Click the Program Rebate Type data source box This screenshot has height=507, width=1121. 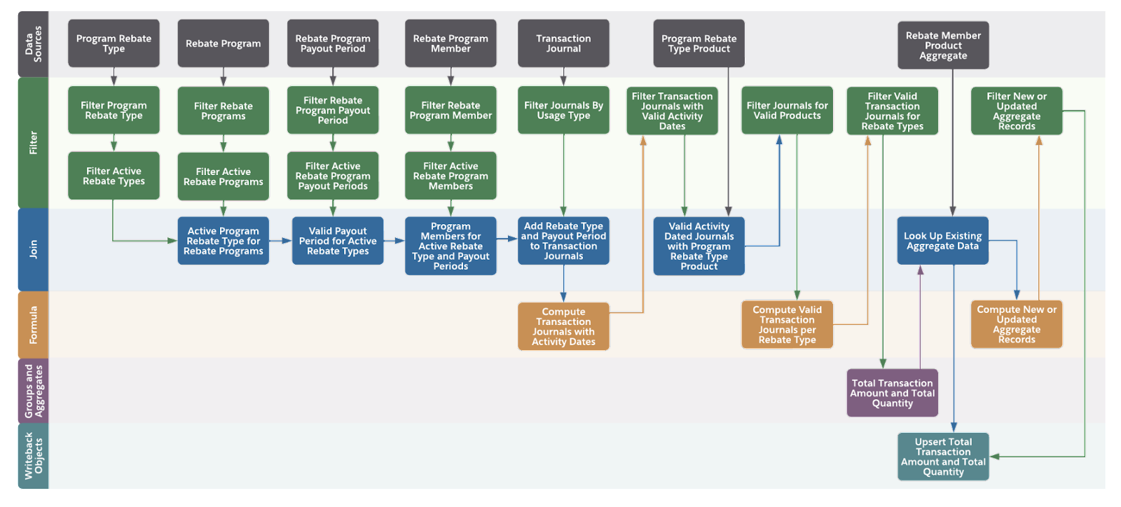tap(114, 43)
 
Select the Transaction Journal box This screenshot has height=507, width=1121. tap(563, 43)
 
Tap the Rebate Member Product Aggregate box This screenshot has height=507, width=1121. tap(943, 46)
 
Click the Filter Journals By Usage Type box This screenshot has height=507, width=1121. tap(563, 111)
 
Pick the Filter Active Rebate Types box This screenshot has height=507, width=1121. tap(114, 176)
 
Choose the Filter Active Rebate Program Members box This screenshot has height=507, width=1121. tap(451, 176)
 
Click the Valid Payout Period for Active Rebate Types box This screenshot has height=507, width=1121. tap(338, 241)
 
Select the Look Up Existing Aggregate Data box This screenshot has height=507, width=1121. tap(942, 241)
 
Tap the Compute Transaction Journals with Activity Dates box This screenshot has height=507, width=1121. tap(563, 326)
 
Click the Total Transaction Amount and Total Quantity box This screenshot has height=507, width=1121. tap(892, 393)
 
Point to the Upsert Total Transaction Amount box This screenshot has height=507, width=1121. tap(943, 457)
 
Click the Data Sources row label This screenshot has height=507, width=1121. tap(34, 43)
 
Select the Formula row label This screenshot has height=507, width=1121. tap(34, 324)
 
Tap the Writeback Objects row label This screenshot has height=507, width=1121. tap(34, 456)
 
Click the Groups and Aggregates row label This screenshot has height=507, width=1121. tap(34, 391)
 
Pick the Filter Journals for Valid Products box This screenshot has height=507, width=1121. tap(787, 111)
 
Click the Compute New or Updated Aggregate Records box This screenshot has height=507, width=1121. tap(1016, 324)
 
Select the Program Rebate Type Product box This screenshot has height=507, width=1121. tap(699, 43)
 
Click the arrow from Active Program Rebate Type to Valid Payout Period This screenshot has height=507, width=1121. tap(280, 241)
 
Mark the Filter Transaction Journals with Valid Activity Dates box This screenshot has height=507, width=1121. tap(672, 111)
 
